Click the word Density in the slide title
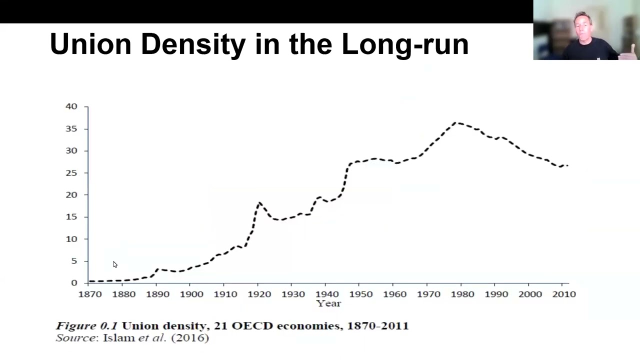tap(193, 44)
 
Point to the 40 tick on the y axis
tap(71, 106)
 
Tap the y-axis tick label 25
tap(71, 173)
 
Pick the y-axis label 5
tap(74, 261)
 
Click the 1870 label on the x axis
tap(90, 294)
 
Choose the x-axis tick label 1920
tap(259, 294)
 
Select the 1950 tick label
tap(361, 294)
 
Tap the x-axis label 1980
tap(462, 294)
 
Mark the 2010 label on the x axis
tap(564, 294)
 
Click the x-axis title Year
tap(328, 303)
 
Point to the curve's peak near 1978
tap(456, 123)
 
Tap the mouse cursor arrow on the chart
tap(115, 264)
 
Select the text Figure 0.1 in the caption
tap(87, 326)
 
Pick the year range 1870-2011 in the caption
tap(378, 326)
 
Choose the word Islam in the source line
tap(119, 338)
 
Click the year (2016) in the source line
tap(190, 338)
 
